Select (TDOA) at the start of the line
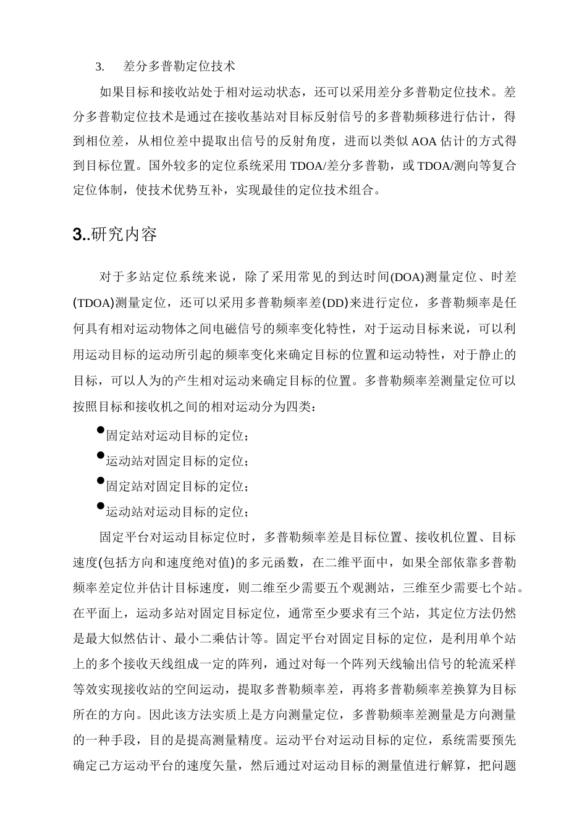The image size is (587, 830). tap(93, 303)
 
